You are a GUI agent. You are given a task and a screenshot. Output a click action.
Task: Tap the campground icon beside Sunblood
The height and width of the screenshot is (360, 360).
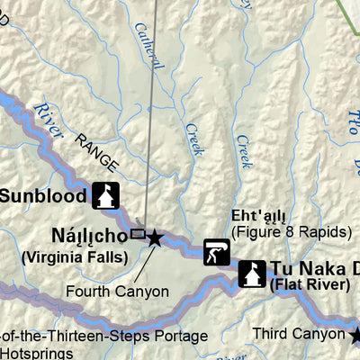(104, 195)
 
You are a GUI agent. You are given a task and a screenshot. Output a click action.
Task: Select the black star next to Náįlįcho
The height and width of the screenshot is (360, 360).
(155, 238)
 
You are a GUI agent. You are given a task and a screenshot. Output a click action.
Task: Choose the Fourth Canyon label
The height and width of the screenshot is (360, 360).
(116, 292)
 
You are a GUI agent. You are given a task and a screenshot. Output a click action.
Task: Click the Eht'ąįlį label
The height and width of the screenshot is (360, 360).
(259, 217)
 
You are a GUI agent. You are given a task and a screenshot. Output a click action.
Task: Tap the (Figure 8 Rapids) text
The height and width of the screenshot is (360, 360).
(290, 232)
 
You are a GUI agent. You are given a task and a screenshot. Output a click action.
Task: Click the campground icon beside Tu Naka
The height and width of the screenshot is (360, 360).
(251, 273)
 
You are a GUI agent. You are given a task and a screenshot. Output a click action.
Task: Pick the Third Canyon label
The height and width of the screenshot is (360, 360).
(298, 332)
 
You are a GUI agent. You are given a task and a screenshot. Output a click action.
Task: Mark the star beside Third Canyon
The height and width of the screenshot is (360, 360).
(355, 336)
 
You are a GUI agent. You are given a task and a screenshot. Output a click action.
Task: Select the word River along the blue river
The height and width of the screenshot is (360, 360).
(49, 120)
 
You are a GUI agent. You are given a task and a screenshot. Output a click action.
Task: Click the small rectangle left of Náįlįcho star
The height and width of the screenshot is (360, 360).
(138, 234)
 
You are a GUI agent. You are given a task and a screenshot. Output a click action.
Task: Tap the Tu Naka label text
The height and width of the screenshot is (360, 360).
(306, 267)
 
